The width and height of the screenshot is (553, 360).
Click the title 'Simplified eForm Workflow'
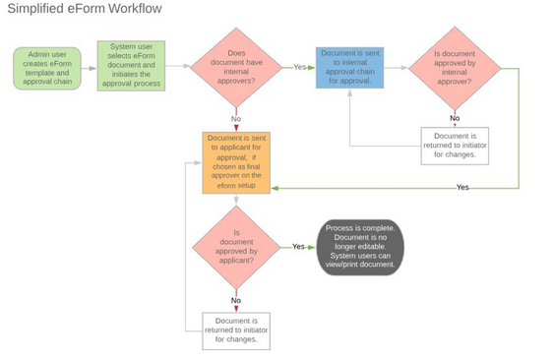click(x=85, y=10)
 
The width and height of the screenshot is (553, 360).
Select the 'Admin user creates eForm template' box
click(x=46, y=68)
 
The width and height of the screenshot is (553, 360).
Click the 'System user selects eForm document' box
click(x=131, y=66)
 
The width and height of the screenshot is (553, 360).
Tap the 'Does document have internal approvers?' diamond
click(x=235, y=67)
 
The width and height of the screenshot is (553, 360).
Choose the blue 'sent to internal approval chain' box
click(x=349, y=68)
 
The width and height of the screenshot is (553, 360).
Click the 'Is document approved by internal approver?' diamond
click(x=454, y=68)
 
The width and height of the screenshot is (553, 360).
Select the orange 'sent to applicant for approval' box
click(x=236, y=162)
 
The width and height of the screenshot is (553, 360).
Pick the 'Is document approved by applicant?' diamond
click(x=236, y=247)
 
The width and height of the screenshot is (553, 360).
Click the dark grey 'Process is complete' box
click(x=360, y=247)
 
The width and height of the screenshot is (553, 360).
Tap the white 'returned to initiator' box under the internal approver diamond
click(x=454, y=145)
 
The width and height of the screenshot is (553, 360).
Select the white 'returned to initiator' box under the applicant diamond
click(x=236, y=330)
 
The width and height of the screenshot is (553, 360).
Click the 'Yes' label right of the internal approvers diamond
click(x=300, y=68)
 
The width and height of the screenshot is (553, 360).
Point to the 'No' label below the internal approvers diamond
click(x=236, y=118)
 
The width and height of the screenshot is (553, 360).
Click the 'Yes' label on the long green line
click(x=462, y=187)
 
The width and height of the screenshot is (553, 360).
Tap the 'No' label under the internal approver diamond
click(x=454, y=118)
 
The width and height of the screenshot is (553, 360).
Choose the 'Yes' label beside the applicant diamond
click(x=298, y=247)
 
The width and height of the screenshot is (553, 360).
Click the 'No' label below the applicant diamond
click(x=236, y=300)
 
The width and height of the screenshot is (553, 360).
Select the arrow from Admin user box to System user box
click(x=89, y=68)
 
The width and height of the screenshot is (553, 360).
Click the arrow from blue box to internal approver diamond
click(x=396, y=68)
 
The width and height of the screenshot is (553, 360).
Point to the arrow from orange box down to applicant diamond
click(x=236, y=201)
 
